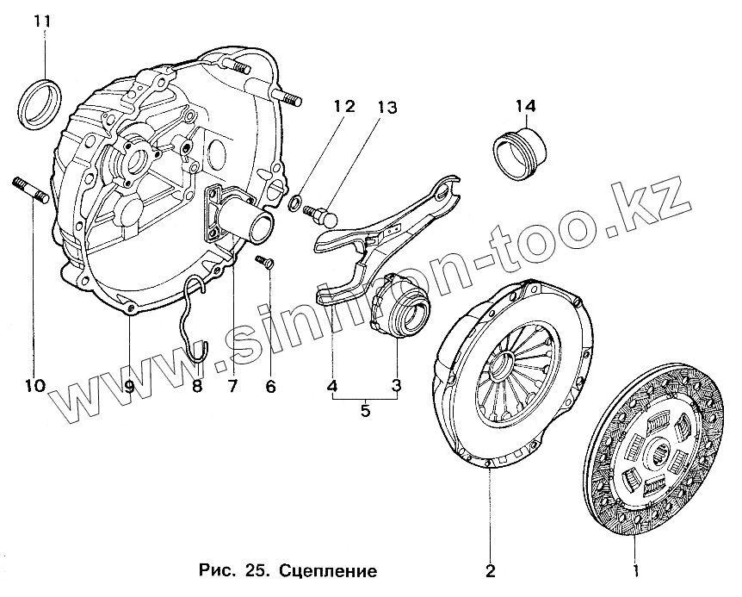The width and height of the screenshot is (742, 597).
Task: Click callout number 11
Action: [x=41, y=19]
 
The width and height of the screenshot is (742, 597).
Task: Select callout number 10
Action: [x=35, y=385]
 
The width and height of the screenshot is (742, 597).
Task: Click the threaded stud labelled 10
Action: [x=28, y=190]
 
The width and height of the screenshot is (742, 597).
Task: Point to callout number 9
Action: [x=128, y=385]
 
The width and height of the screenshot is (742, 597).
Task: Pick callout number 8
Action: [x=197, y=385]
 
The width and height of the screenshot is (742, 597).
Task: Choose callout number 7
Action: [x=232, y=385]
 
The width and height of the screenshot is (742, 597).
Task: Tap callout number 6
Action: [x=270, y=385]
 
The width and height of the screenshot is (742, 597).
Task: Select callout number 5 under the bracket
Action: [x=365, y=411]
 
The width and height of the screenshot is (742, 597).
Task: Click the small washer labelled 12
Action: [x=295, y=204]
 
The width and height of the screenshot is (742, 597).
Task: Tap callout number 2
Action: [x=490, y=570]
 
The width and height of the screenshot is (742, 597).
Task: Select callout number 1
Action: [x=636, y=570]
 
